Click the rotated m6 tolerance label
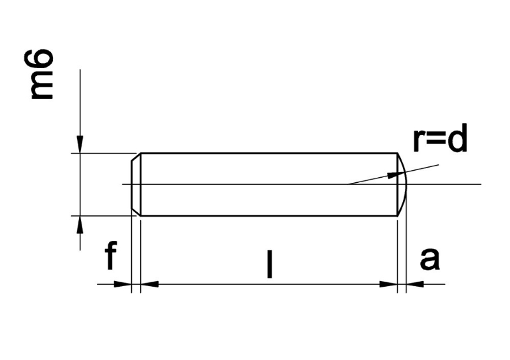42,76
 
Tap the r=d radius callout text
440,141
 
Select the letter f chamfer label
111,257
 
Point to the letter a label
430,259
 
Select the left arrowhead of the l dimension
149,284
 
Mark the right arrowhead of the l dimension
389,284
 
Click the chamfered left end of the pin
136,185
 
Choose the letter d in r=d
457,140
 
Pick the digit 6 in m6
42,62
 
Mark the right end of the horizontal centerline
479,185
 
